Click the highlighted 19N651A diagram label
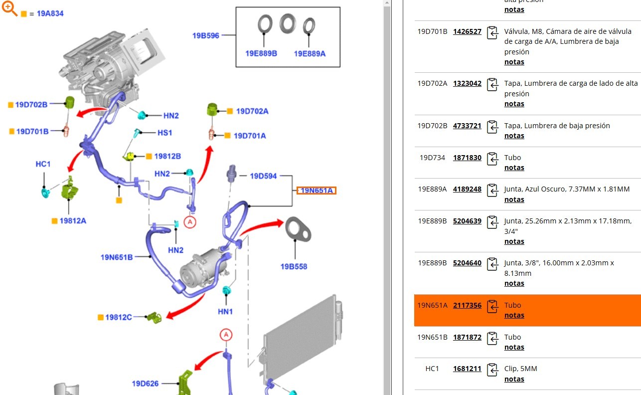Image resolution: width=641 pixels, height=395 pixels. click(317, 191)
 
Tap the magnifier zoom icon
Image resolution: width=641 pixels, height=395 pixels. click(10, 8)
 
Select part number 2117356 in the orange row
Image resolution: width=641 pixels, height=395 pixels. click(467, 305)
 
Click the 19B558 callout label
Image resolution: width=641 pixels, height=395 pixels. click(294, 266)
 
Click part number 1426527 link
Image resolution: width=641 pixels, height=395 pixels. click(467, 31)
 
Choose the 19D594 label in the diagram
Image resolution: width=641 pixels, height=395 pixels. click(263, 176)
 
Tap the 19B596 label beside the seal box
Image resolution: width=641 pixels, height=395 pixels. click(206, 35)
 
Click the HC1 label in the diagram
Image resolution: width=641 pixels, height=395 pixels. click(43, 164)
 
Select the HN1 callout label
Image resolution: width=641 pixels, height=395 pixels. click(225, 312)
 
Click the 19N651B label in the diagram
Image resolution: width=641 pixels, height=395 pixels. click(117, 257)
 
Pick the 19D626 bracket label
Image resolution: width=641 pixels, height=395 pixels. click(145, 384)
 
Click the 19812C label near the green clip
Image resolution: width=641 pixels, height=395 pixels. click(119, 317)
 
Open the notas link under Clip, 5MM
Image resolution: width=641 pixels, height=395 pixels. click(514, 379)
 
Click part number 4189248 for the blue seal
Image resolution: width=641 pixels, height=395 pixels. click(467, 190)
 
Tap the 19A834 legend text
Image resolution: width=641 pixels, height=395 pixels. click(50, 13)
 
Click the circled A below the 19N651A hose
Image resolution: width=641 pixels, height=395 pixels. click(189, 222)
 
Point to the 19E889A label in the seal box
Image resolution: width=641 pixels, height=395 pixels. click(310, 53)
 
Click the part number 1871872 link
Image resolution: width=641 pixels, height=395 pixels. click(467, 337)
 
